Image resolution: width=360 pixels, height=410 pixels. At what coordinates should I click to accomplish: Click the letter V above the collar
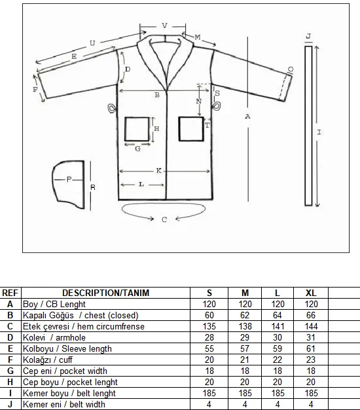pyautogui.click(x=164, y=26)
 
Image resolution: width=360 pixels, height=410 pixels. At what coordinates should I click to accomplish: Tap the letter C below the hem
pyautogui.click(x=164, y=219)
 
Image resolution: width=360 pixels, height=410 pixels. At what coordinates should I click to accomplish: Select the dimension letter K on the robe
pyautogui.click(x=159, y=171)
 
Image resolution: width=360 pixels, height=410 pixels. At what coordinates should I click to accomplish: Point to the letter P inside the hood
pyautogui.click(x=69, y=179)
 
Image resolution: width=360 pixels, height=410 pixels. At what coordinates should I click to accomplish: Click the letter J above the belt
pyautogui.click(x=308, y=36)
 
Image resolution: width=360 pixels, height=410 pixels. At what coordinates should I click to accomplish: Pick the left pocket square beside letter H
pyautogui.click(x=137, y=129)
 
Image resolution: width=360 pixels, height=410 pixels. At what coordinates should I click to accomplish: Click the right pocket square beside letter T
pyautogui.click(x=191, y=129)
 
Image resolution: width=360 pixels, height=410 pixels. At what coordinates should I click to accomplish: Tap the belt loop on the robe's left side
pyautogui.click(x=111, y=108)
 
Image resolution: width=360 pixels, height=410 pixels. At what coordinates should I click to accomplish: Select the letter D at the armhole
pyautogui.click(x=128, y=69)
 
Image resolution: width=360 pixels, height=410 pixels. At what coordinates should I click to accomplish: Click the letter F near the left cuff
pyautogui.click(x=35, y=90)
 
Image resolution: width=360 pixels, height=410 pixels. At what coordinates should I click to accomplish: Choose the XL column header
pyautogui.click(x=311, y=293)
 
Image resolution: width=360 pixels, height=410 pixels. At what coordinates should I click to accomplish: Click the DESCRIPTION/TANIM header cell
pyautogui.click(x=106, y=293)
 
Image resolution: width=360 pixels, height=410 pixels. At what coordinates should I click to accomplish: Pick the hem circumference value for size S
pyautogui.click(x=209, y=326)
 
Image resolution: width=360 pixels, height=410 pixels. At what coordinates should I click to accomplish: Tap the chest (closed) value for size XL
pyautogui.click(x=311, y=315)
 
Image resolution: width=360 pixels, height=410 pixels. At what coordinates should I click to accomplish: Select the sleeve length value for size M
pyautogui.click(x=245, y=348)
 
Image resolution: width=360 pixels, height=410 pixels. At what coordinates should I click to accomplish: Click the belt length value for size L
pyautogui.click(x=278, y=393)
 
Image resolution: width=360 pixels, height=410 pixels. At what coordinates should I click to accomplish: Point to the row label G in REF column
pyautogui.click(x=10, y=371)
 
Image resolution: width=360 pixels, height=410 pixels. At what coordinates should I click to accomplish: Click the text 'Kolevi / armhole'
pyautogui.click(x=54, y=337)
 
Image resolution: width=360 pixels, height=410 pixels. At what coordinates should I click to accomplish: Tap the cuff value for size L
pyautogui.click(x=278, y=360)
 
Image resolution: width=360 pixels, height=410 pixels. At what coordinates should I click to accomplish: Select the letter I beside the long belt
pyautogui.click(x=319, y=132)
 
